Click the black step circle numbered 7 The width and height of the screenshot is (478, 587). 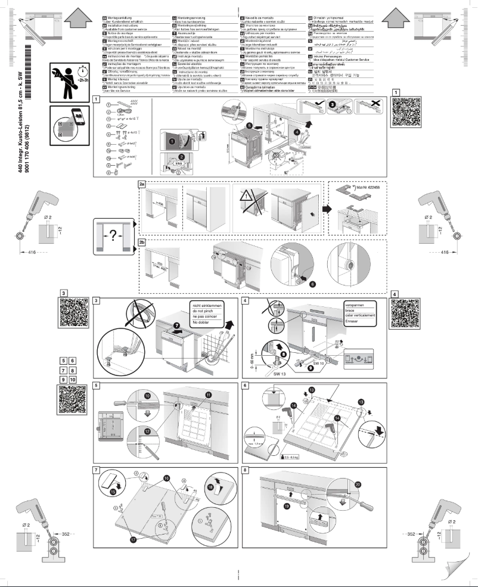click(176, 327)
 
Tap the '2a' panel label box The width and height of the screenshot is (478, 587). click(142, 185)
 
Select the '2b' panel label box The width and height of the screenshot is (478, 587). click(142, 243)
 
